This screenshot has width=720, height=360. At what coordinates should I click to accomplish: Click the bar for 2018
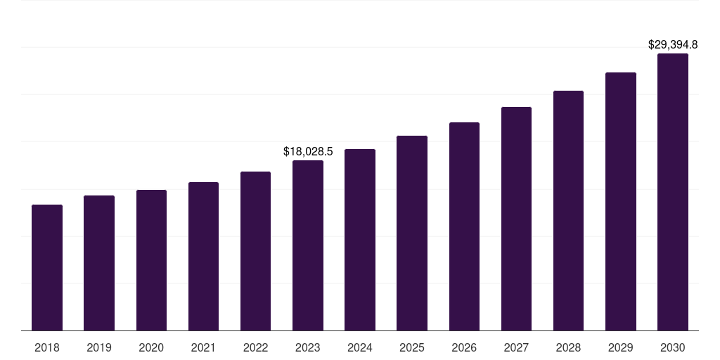47,267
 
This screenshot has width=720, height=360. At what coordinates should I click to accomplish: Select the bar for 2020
151,260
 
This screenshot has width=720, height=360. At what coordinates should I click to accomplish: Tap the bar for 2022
255,251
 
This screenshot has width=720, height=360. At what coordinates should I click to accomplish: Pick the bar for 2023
308,245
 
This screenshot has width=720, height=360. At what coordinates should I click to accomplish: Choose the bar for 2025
412,233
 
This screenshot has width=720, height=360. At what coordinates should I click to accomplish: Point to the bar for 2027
516,219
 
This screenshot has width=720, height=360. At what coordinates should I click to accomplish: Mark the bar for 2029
621,201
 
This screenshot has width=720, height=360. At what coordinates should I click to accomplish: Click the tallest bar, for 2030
673,192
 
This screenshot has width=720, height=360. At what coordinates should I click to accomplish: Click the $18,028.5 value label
308,151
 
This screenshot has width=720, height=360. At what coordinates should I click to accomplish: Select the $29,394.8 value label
673,45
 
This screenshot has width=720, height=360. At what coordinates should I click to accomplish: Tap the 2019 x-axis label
99,347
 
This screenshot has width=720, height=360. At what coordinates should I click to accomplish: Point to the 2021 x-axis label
203,347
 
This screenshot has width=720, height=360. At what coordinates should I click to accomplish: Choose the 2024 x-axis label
360,347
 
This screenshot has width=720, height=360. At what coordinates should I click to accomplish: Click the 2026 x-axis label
464,347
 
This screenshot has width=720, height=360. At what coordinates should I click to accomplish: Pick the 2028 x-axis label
568,347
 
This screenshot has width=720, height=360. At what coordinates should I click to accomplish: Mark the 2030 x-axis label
673,347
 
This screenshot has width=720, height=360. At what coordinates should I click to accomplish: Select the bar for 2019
99,263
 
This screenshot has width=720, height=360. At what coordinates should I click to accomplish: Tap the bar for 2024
360,240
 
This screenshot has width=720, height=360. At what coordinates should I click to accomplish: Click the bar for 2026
464,226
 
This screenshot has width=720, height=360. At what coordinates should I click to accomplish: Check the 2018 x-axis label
47,347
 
